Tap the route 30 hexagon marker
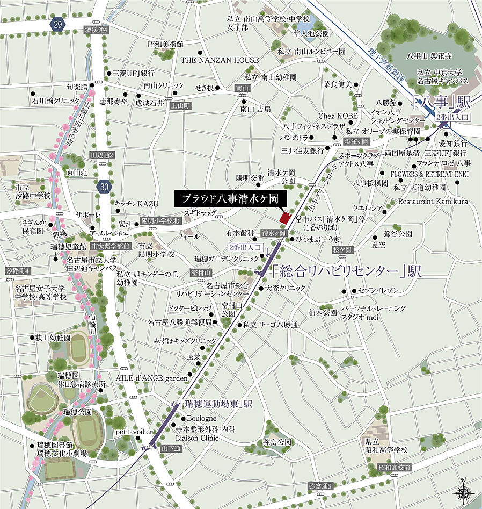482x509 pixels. click(105, 187)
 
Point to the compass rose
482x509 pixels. click(464, 490)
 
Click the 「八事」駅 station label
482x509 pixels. click(434, 101)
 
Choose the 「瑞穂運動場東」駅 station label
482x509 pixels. click(216, 403)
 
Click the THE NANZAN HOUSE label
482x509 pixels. click(220, 60)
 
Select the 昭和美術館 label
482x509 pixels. click(166, 44)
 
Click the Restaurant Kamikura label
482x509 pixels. click(433, 201)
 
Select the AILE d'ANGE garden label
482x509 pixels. click(150, 378)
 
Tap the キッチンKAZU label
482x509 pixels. click(137, 204)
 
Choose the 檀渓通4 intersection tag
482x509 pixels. click(97, 30)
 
